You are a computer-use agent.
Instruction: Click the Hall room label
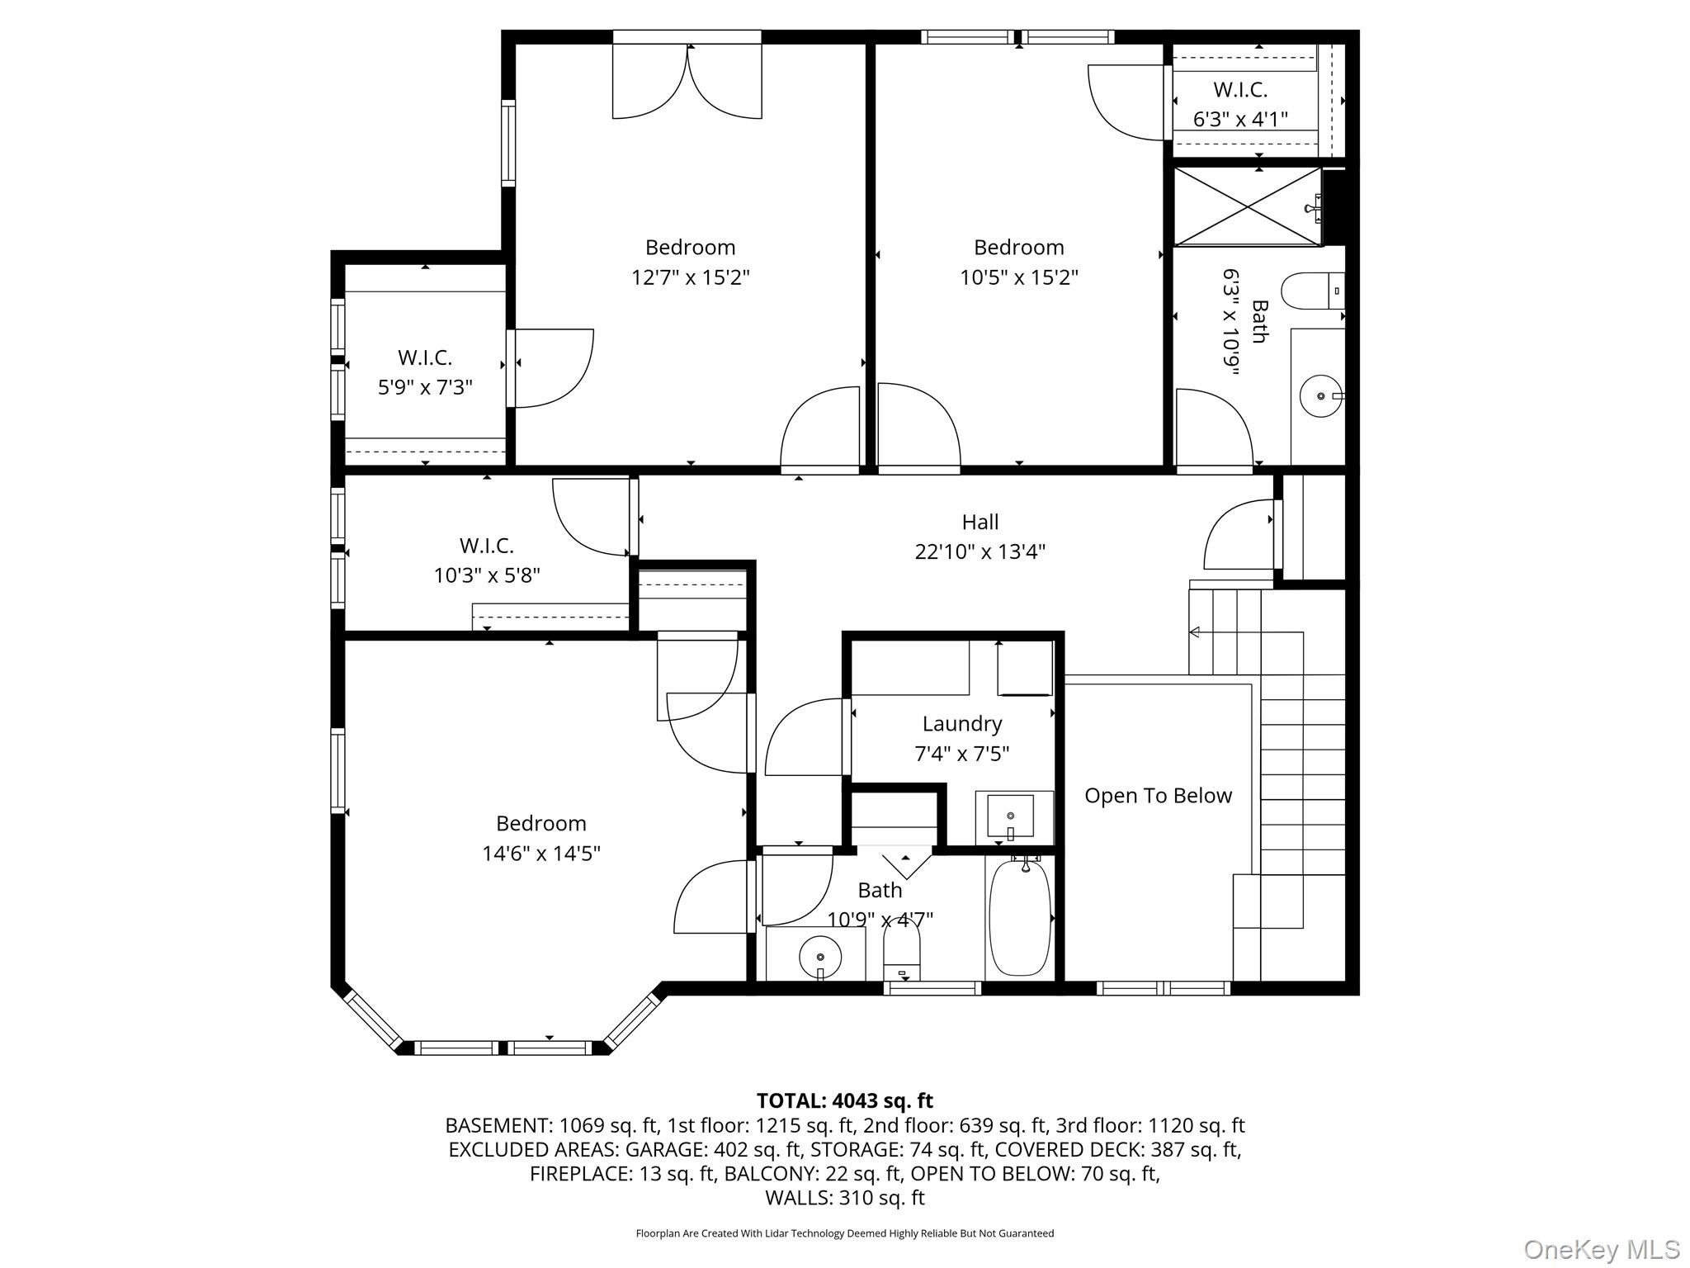point(980,522)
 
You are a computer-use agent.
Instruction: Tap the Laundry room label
point(961,724)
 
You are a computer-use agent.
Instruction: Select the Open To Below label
point(1157,796)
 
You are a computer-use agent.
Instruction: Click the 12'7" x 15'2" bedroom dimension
point(690,277)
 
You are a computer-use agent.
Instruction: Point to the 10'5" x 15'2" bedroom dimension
point(1018,277)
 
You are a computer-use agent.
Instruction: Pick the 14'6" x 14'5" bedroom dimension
point(541,853)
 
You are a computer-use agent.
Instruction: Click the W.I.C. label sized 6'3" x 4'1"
point(1239,90)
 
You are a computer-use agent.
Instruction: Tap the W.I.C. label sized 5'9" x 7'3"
point(424,357)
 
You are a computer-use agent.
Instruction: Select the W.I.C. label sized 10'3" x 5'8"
point(486,546)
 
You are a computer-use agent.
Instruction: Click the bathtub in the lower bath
point(1020,918)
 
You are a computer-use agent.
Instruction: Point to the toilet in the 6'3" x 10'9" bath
point(1310,291)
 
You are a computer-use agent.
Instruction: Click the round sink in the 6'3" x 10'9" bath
point(1320,397)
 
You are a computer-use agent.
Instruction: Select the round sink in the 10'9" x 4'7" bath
point(819,958)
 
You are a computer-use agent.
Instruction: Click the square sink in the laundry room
point(1010,816)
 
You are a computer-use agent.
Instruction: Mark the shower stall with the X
point(1247,206)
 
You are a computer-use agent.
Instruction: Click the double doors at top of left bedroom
point(687,83)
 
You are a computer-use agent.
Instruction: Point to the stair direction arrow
point(1194,632)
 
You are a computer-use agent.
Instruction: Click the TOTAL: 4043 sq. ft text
point(844,1100)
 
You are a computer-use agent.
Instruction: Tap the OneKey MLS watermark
point(1601,1249)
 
